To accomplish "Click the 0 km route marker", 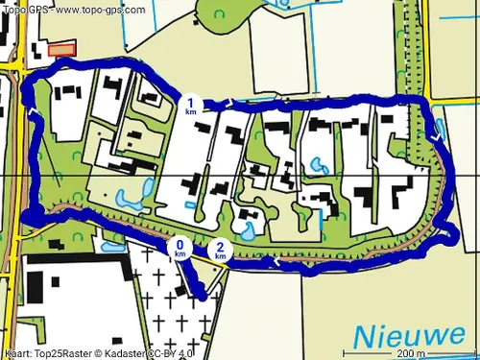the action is (x=180, y=249).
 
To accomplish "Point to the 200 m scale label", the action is (x=411, y=352).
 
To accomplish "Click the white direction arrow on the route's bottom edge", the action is (x=277, y=260).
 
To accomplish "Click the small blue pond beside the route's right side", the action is (x=440, y=125).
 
